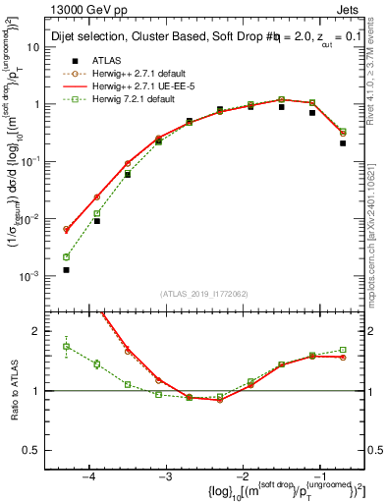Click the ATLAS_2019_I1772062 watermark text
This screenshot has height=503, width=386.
coord(204,294)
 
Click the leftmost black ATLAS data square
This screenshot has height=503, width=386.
coord(66,269)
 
